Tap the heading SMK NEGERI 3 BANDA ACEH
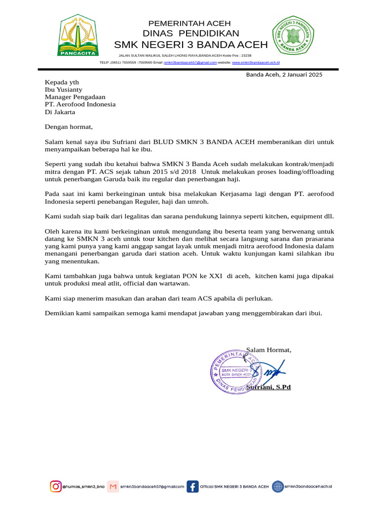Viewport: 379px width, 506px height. tap(190, 45)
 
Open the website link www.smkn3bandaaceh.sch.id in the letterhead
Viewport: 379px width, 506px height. tap(256, 63)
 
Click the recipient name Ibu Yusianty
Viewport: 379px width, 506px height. tap(64, 89)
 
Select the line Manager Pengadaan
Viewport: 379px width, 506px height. tap(75, 97)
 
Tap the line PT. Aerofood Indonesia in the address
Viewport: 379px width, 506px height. tap(80, 104)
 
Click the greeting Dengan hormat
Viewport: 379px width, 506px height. tap(69, 127)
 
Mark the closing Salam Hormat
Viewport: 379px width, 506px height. tap(268, 350)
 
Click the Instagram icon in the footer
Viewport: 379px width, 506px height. tap(56, 487)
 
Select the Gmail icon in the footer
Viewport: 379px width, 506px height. tap(114, 487)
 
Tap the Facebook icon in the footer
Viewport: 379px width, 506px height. tap(192, 487)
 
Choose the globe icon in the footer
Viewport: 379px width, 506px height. tap(278, 487)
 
